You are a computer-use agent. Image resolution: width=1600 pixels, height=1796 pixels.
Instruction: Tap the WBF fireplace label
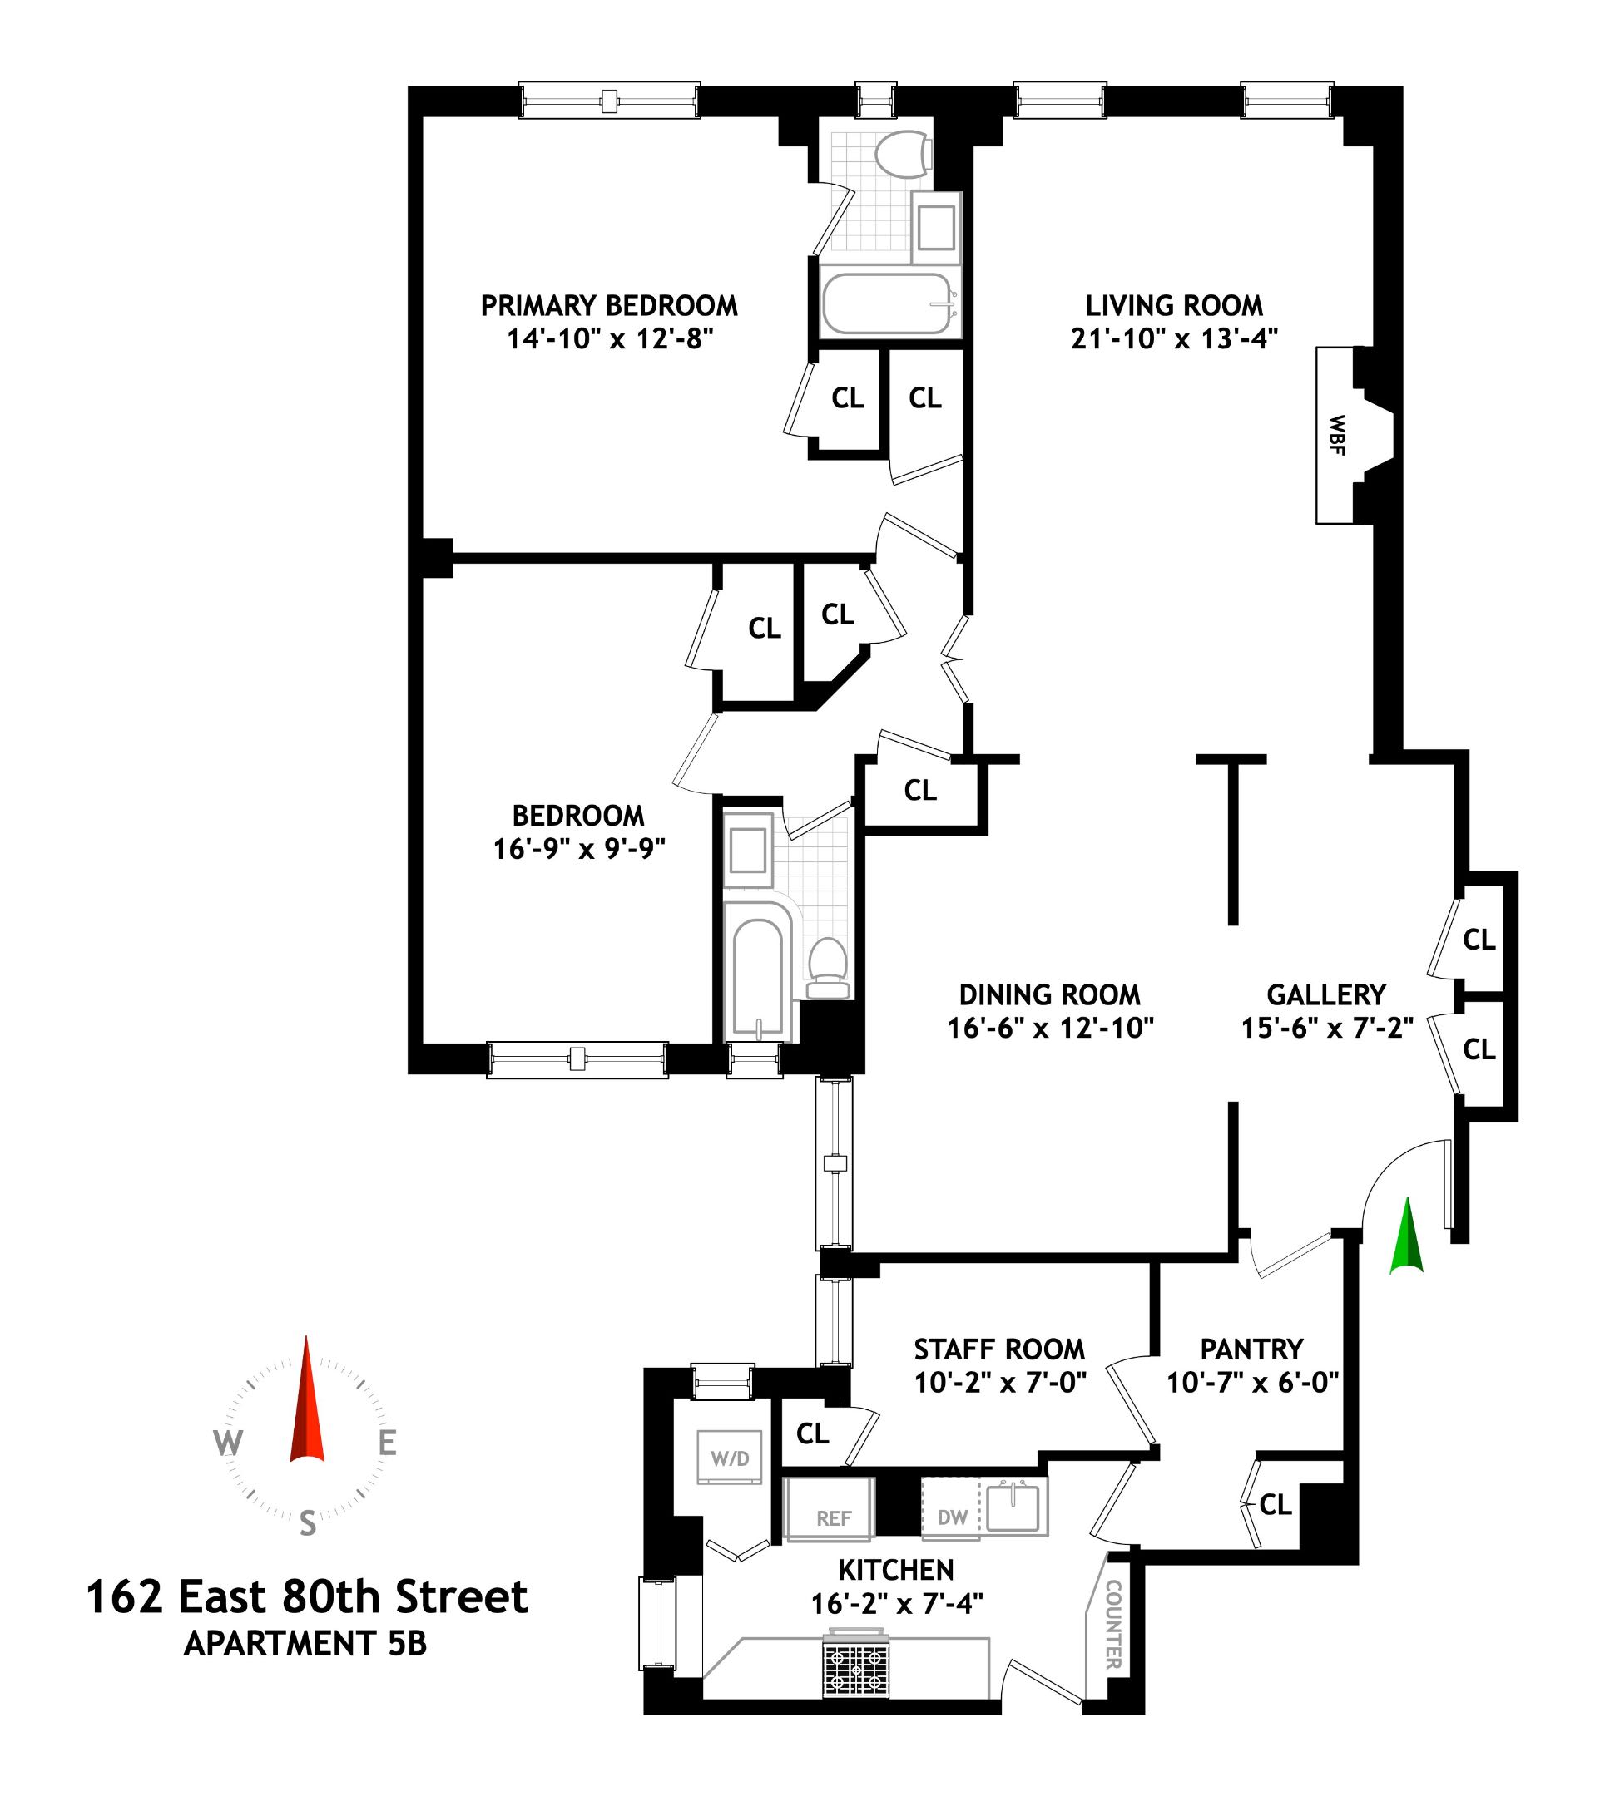[1337, 435]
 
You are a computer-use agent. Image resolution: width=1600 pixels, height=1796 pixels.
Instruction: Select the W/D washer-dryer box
[730, 1458]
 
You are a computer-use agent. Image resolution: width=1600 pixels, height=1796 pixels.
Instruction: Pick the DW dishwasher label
[952, 1517]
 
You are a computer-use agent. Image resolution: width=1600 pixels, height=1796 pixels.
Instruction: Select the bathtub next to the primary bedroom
[887, 304]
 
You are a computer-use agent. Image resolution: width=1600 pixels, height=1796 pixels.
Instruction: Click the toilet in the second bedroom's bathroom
[827, 966]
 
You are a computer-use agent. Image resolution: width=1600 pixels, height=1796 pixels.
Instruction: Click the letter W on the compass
[227, 1443]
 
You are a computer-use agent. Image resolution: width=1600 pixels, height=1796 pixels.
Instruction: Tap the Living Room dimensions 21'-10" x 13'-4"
[1174, 339]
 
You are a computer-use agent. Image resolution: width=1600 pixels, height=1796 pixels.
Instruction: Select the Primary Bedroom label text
[608, 306]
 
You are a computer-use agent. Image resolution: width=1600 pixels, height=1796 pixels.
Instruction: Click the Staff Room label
[998, 1349]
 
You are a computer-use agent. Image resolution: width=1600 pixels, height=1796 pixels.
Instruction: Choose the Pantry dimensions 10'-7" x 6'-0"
[1252, 1383]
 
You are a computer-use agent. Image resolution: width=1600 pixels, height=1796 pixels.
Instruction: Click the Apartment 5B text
[305, 1643]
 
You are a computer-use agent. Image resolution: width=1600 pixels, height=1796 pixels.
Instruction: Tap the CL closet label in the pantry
[1275, 1505]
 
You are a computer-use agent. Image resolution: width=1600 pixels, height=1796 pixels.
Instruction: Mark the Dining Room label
[1049, 994]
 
